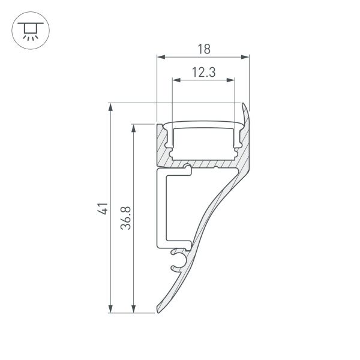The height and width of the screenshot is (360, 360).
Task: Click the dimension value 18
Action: [x=203, y=49]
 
